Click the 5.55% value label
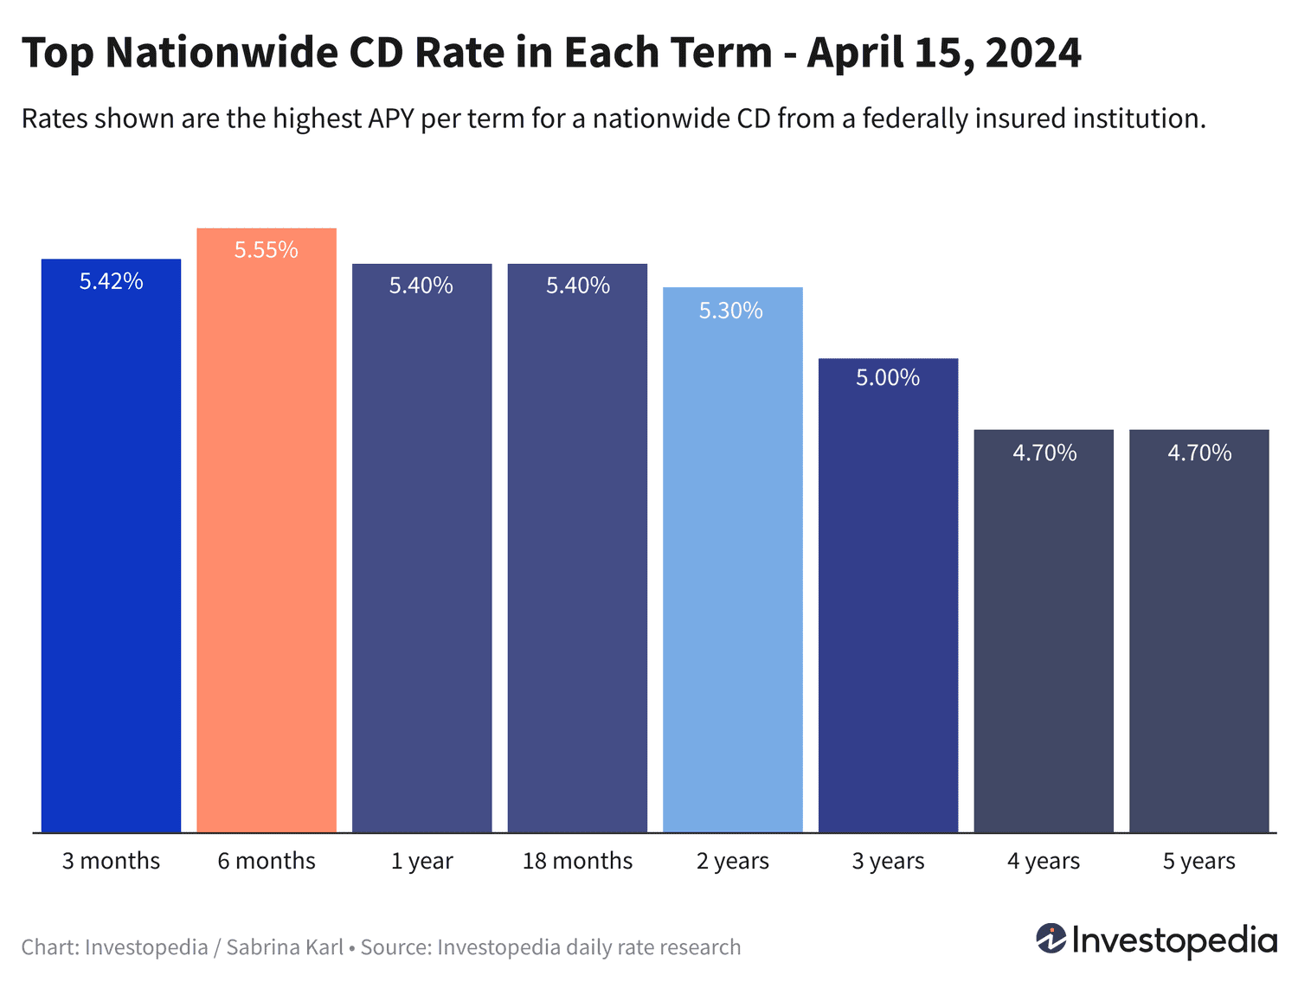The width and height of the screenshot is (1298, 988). [x=267, y=250]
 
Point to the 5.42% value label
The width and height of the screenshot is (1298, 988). [x=111, y=281]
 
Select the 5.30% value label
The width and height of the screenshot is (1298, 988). [x=731, y=311]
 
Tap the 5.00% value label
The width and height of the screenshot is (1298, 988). [x=888, y=377]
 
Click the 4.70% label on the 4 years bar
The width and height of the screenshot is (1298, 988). [x=1044, y=452]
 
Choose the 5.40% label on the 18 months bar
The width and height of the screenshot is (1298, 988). [x=577, y=285]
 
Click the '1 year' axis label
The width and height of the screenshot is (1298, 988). [x=421, y=861]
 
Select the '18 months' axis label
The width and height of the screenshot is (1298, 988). [x=577, y=861]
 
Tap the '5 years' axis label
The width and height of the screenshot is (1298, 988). [x=1198, y=861]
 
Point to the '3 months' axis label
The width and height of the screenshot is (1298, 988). [x=111, y=861]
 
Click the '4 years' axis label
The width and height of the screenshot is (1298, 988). [x=1043, y=861]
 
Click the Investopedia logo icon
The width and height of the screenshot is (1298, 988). [x=1051, y=939]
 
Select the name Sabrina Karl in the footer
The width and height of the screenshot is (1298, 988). [x=285, y=947]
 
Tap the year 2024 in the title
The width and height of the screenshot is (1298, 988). [x=1032, y=53]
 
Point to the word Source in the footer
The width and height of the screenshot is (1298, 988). [x=395, y=947]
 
